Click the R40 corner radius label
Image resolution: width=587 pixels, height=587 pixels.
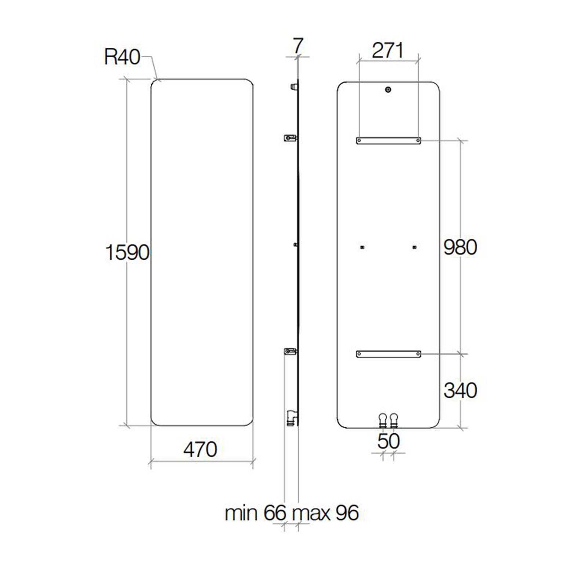point(122,57)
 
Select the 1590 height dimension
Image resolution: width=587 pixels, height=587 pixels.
point(127,252)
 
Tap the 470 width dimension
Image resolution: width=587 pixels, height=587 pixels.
point(200,449)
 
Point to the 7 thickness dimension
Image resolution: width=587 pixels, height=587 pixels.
point(298,46)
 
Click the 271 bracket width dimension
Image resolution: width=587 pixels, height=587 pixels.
point(387,50)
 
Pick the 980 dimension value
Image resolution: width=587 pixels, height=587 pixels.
point(460,247)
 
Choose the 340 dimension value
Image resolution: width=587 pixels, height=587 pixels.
point(460,390)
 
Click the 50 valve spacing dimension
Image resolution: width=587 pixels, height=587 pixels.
point(388,441)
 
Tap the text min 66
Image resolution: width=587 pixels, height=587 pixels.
point(255,513)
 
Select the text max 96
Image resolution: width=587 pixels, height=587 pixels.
point(325,513)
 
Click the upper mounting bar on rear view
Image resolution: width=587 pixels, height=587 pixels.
point(389,141)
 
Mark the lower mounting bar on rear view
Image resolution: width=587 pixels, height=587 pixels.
point(389,354)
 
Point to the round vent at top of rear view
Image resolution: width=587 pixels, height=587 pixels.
point(388,90)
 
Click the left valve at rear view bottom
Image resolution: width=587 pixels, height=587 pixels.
point(383,420)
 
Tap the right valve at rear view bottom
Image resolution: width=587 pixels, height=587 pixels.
point(394,420)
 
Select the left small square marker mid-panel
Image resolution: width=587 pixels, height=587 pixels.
point(362,247)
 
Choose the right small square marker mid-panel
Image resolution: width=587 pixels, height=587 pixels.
point(414,247)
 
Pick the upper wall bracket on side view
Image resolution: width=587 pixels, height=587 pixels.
point(290,138)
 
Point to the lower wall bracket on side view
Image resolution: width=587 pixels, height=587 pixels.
point(290,351)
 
